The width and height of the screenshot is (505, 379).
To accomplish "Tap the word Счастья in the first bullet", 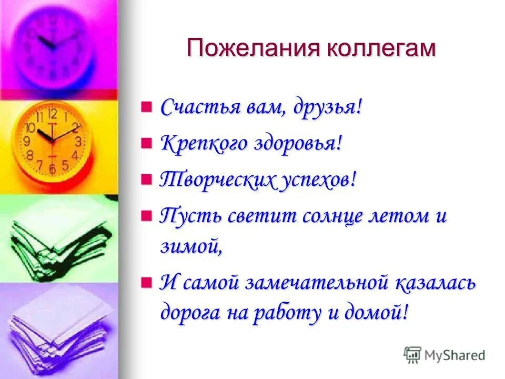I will pyautogui.click(x=197, y=108).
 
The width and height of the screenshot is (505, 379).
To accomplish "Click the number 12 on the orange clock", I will pyautogui.click(x=52, y=114).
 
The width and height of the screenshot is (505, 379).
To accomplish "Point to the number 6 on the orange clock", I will pyautogui.click(x=52, y=168).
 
